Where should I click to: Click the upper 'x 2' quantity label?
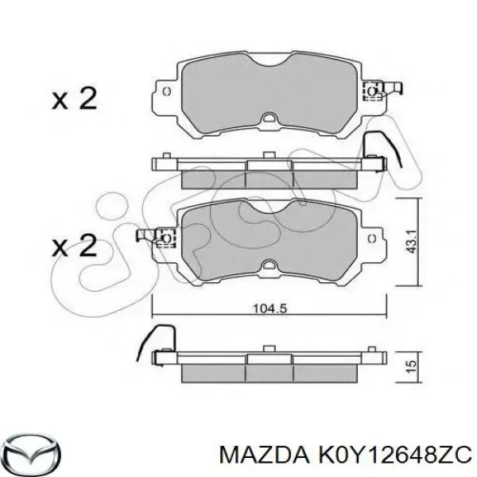pyautogui.click(x=74, y=99)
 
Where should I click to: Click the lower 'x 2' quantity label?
pyautogui.click(x=74, y=245)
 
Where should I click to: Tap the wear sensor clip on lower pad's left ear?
pyautogui.click(x=165, y=236)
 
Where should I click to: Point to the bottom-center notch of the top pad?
pyautogui.click(x=270, y=119)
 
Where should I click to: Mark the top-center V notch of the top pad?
pyautogui.click(x=270, y=68)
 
